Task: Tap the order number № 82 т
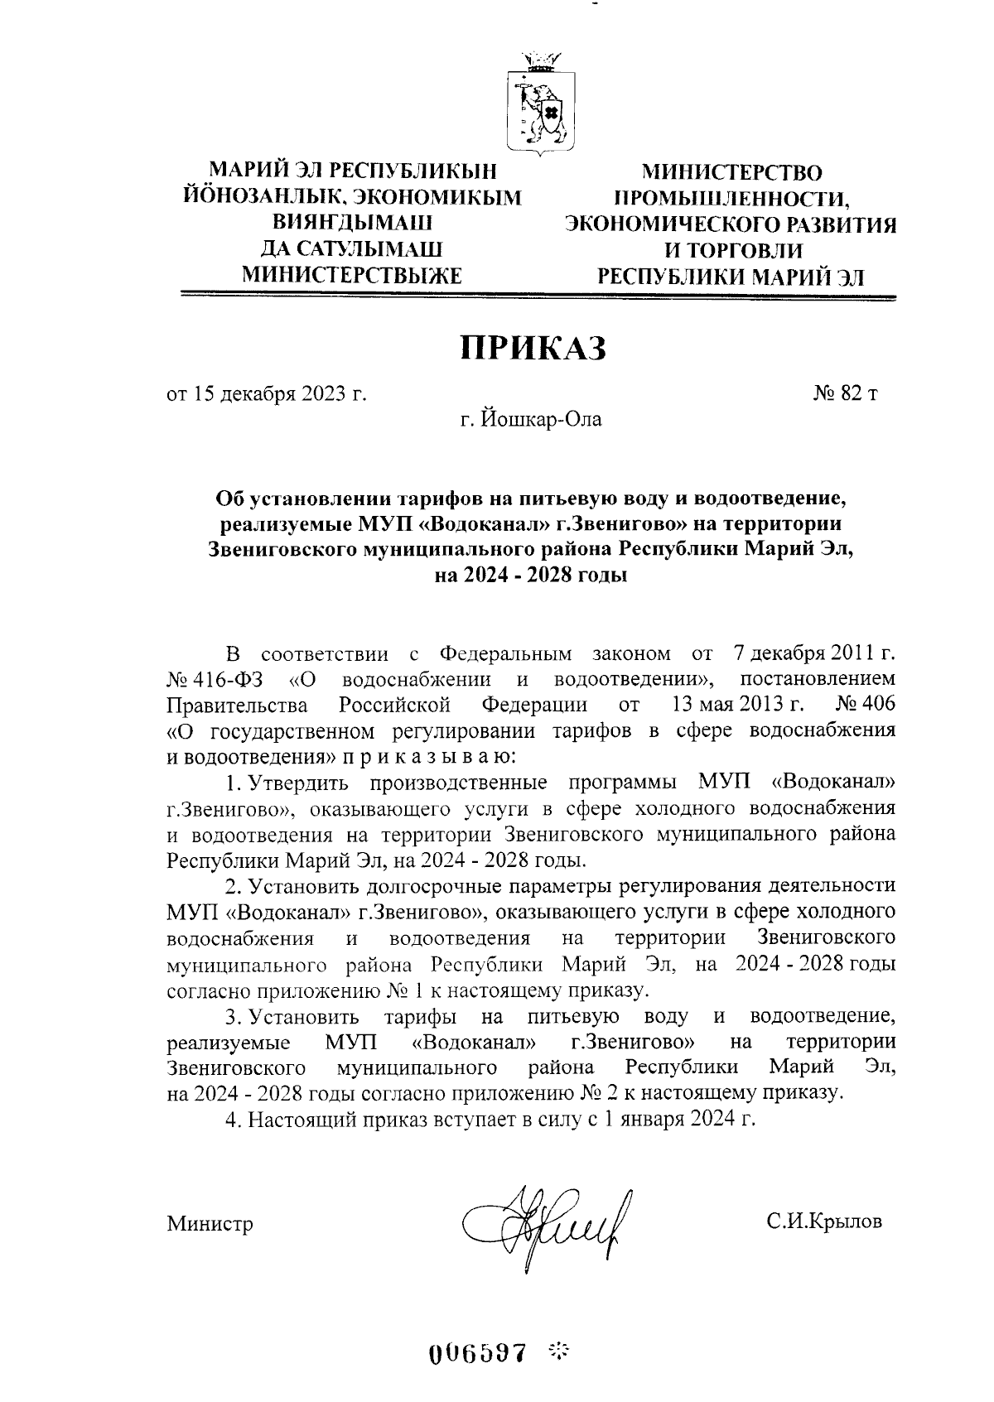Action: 845,393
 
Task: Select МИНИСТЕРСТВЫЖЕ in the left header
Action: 350,276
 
